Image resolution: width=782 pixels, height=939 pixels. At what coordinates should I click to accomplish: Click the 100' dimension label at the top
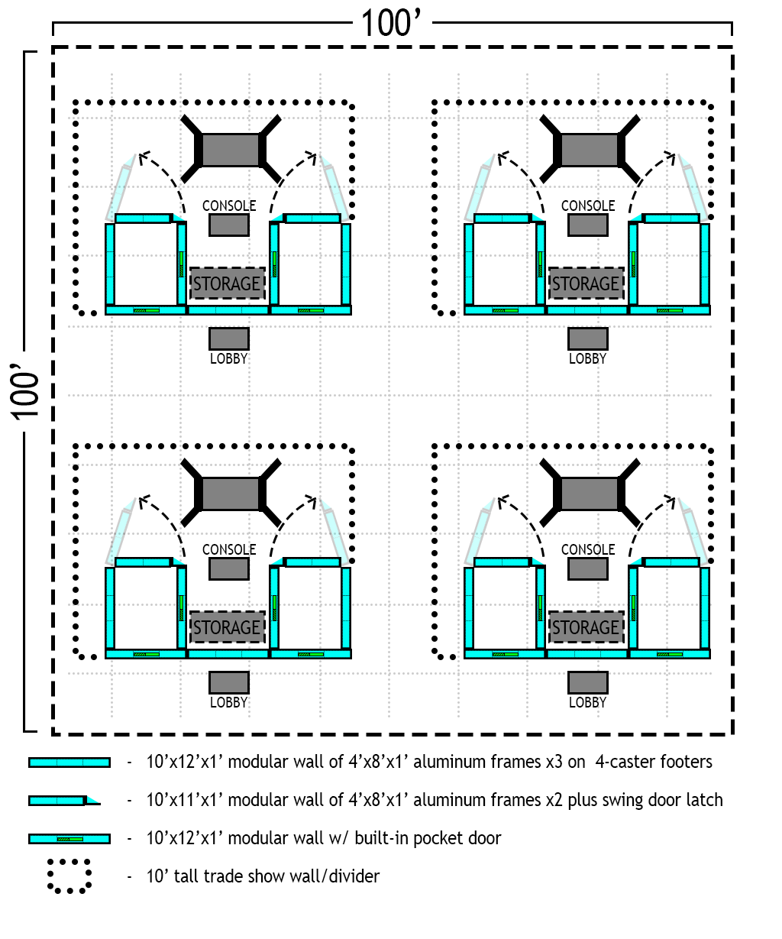391,24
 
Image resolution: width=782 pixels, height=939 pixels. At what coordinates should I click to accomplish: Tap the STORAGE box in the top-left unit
227,284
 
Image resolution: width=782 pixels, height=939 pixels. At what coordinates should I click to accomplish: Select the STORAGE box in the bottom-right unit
586,628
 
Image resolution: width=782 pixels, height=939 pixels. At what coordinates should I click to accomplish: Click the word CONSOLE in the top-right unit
587,206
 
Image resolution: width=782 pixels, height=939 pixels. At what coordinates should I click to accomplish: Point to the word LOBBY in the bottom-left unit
228,702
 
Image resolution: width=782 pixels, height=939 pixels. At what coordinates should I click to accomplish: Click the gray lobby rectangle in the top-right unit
587,338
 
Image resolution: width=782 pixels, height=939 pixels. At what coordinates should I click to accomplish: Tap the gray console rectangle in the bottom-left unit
228,568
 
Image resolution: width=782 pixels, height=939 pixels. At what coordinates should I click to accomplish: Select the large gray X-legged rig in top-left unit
230,149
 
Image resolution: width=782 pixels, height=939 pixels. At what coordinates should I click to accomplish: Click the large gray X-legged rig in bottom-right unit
589,493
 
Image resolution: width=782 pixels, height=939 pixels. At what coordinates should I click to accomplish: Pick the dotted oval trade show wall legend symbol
69,876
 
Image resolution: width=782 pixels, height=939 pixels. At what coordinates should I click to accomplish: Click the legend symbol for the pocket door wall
69,839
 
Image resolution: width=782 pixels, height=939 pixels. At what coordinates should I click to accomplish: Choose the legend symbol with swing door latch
64,801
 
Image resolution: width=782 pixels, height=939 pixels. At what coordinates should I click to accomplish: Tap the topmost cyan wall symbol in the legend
69,763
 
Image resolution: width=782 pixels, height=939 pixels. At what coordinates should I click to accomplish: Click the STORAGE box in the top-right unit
586,284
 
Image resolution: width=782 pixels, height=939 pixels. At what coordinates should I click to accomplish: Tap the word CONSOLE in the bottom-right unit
587,550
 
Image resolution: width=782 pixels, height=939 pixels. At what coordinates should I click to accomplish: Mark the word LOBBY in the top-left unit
228,358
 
